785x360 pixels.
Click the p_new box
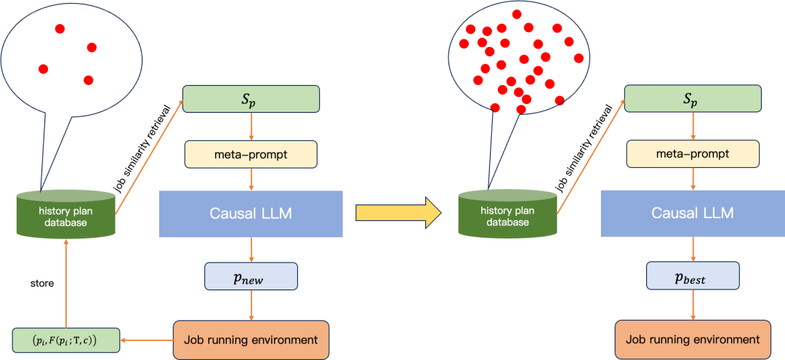[251, 276]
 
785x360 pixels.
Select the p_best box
[692, 276]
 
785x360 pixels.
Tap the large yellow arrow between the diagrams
[398, 212]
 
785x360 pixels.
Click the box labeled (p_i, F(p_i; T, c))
[65, 340]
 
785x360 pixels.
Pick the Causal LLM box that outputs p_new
[251, 214]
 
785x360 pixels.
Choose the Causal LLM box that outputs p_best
[692, 214]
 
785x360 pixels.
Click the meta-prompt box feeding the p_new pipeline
[251, 154]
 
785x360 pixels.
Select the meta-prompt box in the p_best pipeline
[693, 154]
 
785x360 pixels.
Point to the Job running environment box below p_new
[251, 340]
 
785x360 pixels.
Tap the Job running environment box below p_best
[693, 340]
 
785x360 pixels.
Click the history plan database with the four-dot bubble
[65, 214]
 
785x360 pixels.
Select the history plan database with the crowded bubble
[507, 214]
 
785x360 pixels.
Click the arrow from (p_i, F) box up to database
[66, 284]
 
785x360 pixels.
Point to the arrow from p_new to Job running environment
[251, 305]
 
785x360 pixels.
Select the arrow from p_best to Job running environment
[692, 305]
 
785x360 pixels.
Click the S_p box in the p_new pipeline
[251, 99]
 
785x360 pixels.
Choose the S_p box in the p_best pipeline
[693, 99]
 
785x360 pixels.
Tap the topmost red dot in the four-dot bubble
[60, 29]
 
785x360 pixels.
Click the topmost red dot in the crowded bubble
[516, 15]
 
